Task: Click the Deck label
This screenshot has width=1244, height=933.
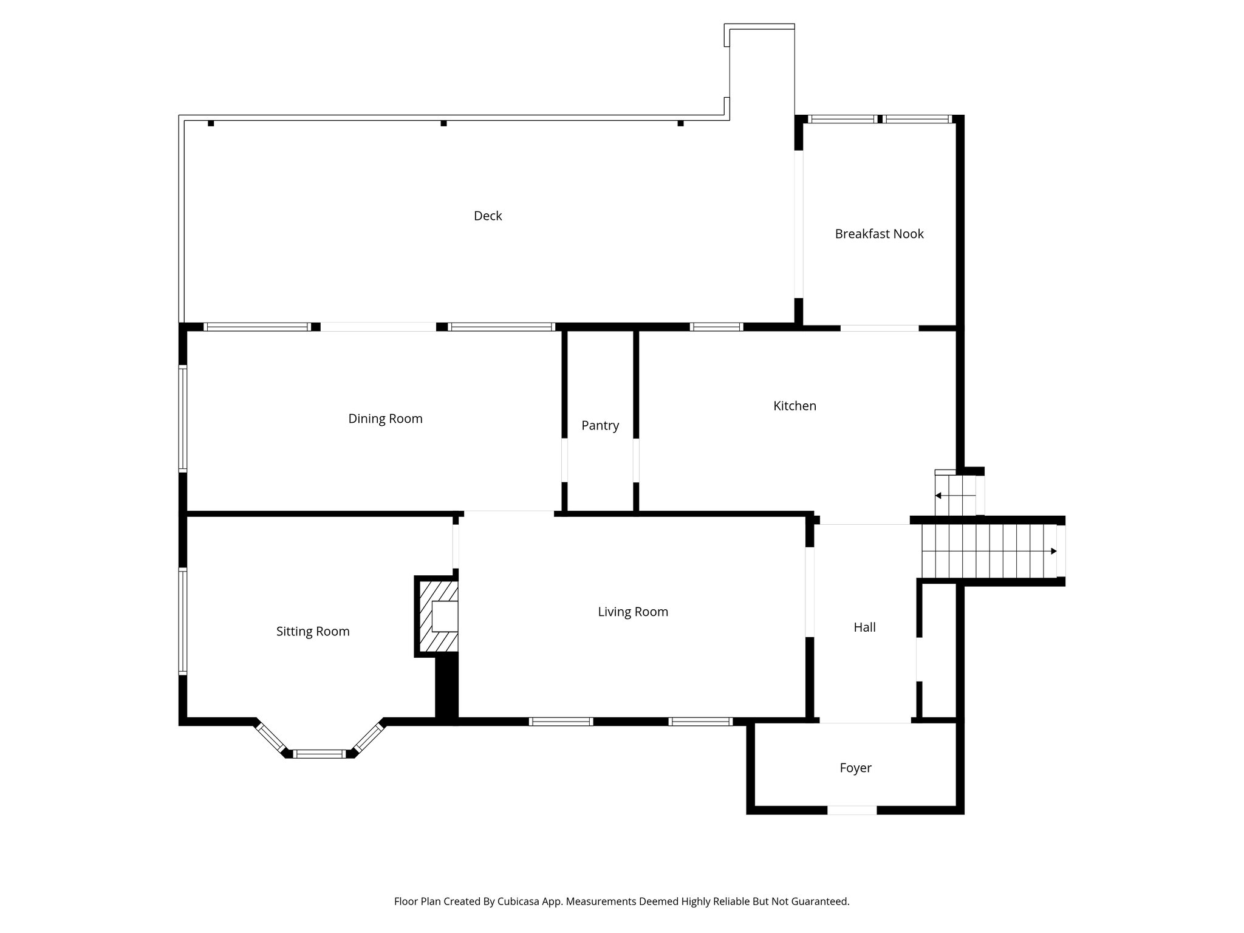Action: [488, 216]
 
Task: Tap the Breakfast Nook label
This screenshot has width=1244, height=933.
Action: [879, 234]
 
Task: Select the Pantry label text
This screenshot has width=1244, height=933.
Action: [600, 426]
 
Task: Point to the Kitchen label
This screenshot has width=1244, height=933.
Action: [795, 406]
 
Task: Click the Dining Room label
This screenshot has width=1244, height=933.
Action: [385, 419]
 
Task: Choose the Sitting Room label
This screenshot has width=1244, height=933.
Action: [313, 632]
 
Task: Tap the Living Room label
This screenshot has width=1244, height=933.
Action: [633, 612]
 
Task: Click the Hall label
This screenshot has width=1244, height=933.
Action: [864, 627]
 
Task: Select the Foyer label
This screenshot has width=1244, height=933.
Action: [855, 768]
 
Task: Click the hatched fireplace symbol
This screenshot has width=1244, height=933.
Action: [437, 617]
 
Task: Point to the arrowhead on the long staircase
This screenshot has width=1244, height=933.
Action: [1054, 552]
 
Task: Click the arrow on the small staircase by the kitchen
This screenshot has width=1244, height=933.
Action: [938, 496]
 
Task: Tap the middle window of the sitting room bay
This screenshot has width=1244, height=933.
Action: [320, 754]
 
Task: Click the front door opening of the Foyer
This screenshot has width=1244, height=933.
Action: [852, 810]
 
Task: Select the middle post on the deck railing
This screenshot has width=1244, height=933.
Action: [443, 123]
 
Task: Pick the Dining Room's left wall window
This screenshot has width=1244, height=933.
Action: [183, 419]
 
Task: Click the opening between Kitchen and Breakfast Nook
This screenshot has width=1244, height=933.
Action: [879, 329]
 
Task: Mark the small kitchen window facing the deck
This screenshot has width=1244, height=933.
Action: [716, 327]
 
